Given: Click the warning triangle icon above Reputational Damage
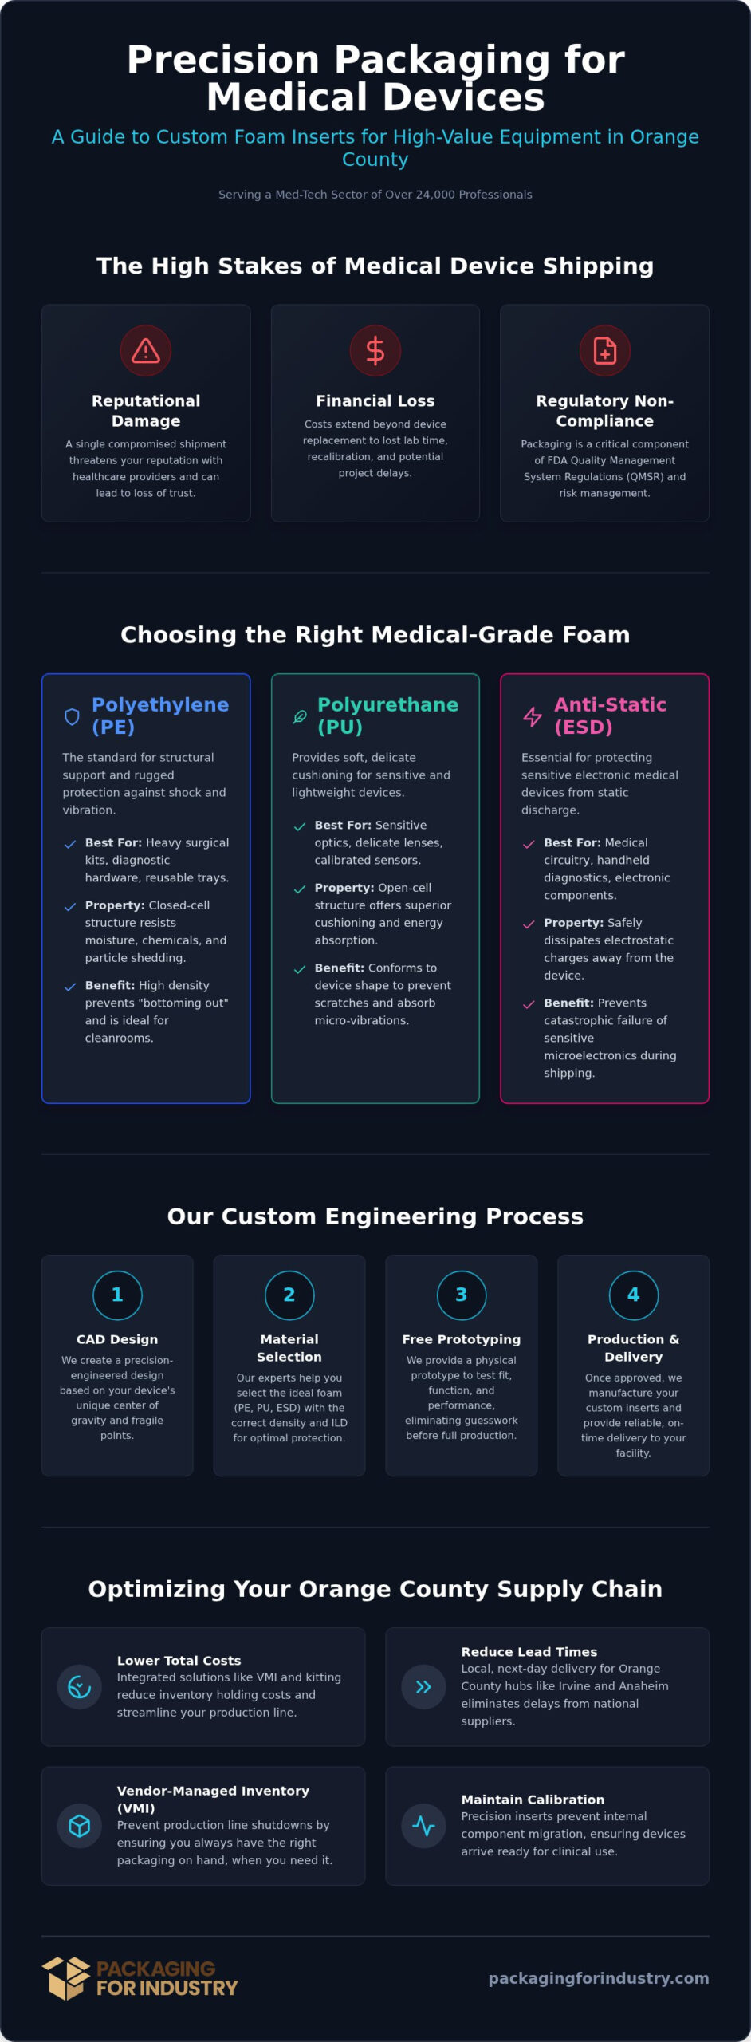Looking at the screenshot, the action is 146,351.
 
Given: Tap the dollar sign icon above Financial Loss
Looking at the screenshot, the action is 375,351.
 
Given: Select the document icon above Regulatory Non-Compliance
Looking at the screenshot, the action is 605,351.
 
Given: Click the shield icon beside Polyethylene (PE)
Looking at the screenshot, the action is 72,717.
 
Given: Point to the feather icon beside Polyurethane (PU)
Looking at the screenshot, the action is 300,717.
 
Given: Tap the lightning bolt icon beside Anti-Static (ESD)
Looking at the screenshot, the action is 532,717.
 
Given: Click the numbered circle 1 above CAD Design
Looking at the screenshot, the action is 117,1295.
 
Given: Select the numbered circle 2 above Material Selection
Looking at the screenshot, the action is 289,1295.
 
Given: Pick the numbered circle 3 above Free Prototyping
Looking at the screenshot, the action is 462,1295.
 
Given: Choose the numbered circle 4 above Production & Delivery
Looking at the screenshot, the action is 634,1295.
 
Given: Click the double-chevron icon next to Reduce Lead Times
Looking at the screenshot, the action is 423,1687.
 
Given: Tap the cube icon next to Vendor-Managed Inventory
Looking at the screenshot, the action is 80,1826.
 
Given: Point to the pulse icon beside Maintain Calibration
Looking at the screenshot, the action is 423,1826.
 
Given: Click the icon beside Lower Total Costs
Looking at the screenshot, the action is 80,1687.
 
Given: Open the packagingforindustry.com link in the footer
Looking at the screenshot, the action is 599,1978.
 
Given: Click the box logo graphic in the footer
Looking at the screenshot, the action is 66,1978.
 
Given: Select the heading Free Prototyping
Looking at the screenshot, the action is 462,1339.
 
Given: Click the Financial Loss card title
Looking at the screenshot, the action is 375,401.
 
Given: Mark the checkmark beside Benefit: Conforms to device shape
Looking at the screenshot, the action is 300,969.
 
